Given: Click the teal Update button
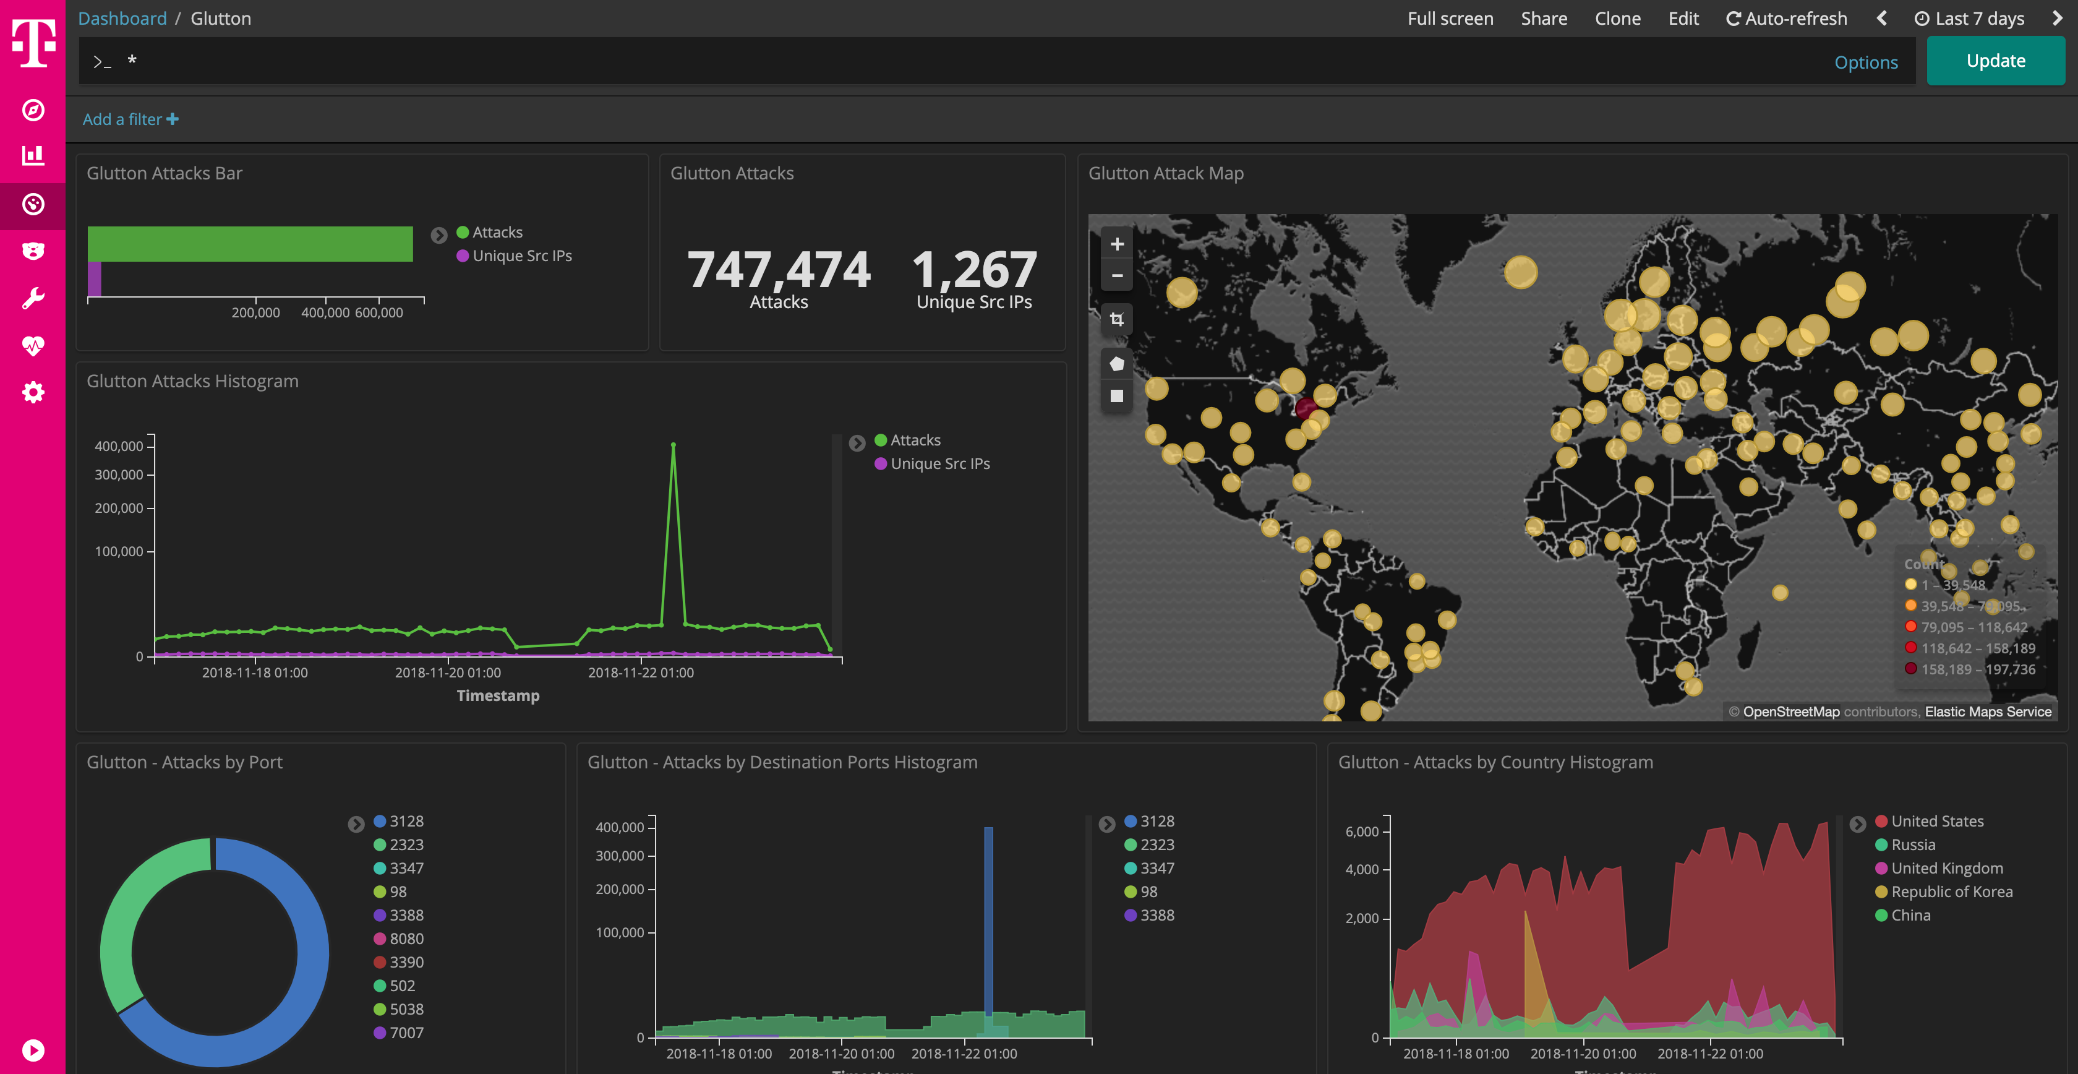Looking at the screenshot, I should click(x=1995, y=61).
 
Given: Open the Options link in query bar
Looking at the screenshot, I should click(x=1865, y=63).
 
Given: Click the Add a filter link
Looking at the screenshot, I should click(x=130, y=119).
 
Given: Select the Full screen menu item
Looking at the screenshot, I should click(x=1450, y=19).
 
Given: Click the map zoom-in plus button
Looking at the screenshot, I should click(x=1116, y=244).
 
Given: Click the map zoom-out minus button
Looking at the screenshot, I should click(x=1116, y=275).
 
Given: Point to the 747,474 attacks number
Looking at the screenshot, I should click(x=779, y=270).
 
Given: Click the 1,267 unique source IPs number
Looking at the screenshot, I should click(x=973, y=270).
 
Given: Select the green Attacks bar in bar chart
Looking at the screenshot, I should click(x=250, y=244).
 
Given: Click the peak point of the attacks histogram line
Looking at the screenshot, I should click(x=673, y=445).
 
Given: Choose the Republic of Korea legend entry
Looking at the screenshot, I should click(x=1951, y=891).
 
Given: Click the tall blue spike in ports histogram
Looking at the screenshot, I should click(x=988, y=920).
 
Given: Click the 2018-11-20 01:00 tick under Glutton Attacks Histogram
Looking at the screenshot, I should click(x=448, y=672).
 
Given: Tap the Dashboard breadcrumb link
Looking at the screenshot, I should click(x=122, y=19).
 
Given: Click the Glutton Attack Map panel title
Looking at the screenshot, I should click(x=1166, y=173).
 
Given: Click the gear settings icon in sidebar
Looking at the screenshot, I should click(x=33, y=393).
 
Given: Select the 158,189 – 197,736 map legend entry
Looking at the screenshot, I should click(x=1977, y=669).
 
